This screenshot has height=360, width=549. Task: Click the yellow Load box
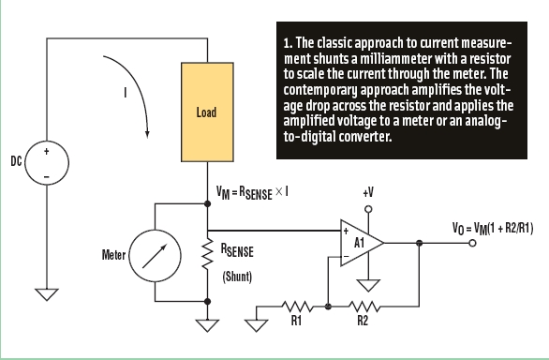click(207, 112)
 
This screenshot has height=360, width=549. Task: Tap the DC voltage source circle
click(47, 163)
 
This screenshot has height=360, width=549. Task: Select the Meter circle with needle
click(156, 256)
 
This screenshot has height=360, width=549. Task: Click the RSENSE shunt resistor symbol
click(207, 253)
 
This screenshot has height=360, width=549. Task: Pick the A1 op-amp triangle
click(362, 243)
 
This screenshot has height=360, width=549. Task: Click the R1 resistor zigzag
click(297, 307)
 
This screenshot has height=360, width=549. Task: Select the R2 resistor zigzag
click(364, 307)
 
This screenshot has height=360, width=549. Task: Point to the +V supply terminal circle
click(368, 209)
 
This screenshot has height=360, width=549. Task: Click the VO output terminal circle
click(472, 243)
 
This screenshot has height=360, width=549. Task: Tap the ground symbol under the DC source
click(47, 294)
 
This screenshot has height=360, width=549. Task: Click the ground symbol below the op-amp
click(368, 285)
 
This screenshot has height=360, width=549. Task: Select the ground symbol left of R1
click(257, 325)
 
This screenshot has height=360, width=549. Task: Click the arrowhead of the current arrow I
click(147, 135)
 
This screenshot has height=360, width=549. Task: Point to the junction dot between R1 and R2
click(328, 307)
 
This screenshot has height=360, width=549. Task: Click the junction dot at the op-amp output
click(419, 243)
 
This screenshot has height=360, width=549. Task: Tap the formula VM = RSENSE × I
click(252, 193)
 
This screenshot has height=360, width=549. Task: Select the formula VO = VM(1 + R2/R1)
click(493, 230)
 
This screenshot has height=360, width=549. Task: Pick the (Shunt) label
click(237, 277)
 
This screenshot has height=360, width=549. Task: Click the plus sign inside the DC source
click(47, 152)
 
